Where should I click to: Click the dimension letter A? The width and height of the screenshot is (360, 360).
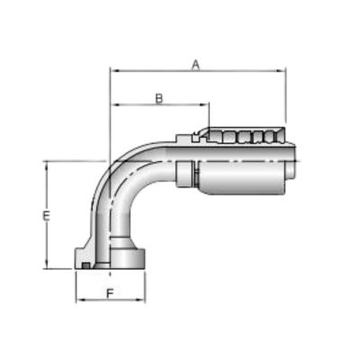[196, 65]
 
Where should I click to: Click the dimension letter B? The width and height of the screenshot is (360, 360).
[159, 99]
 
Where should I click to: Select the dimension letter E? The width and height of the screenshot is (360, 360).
[46, 216]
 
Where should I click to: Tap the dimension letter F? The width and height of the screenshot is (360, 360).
[111, 293]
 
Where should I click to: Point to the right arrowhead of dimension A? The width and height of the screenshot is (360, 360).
[282, 71]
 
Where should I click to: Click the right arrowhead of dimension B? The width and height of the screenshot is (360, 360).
[204, 104]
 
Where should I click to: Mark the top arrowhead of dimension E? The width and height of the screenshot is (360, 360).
[46, 166]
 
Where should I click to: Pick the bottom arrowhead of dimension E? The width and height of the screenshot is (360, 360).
[46, 264]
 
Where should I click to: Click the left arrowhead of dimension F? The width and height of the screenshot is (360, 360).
[80, 300]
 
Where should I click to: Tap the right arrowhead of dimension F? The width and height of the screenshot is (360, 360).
[140, 300]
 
